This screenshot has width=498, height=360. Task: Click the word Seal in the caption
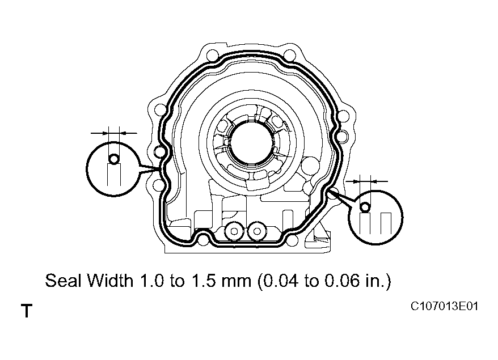click(x=63, y=281)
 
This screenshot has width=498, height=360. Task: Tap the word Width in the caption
click(x=107, y=281)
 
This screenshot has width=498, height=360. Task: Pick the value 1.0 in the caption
click(x=146, y=281)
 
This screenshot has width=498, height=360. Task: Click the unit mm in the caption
click(x=230, y=281)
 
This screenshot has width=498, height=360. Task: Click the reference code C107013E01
click(x=445, y=307)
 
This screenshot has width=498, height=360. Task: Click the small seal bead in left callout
click(x=114, y=159)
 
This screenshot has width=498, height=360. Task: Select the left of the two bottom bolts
click(x=233, y=231)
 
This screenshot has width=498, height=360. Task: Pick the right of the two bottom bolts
click(x=258, y=231)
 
